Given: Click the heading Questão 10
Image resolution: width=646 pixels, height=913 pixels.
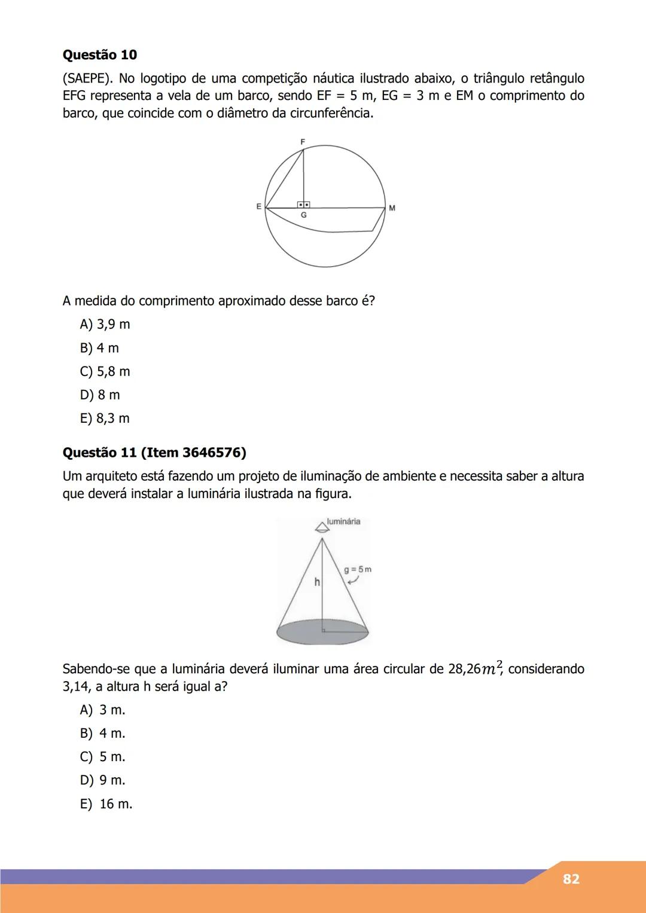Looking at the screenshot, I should (100, 55).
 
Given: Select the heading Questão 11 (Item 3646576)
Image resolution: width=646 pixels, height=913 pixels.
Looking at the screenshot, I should (154, 453).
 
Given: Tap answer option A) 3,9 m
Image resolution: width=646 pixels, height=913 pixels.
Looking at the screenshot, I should (105, 325).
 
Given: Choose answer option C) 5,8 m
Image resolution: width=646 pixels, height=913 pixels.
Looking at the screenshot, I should (105, 372).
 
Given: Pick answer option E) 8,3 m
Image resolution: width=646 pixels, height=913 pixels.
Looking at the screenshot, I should (105, 419).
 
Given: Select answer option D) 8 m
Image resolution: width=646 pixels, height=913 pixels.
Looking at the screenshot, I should (100, 395).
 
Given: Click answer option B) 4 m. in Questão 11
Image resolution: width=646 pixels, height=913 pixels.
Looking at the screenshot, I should (102, 734).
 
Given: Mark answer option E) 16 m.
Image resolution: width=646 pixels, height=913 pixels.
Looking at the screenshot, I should (106, 804).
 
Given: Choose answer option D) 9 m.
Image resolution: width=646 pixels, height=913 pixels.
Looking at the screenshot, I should (102, 780).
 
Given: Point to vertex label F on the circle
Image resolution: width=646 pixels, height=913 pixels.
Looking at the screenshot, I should (303, 142).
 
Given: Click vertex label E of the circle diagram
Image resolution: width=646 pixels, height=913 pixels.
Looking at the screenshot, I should (258, 206).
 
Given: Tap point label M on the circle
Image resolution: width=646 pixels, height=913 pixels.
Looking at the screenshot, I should (392, 208).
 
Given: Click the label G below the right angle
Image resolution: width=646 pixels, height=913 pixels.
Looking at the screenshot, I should (303, 215).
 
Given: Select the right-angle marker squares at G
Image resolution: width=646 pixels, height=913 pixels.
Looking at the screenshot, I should (303, 205).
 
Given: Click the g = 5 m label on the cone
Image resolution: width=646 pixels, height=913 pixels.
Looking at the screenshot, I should (358, 569).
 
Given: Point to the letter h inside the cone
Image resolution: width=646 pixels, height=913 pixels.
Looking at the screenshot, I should (317, 582).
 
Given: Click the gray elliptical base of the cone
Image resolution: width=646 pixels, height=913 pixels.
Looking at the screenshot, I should (322, 635).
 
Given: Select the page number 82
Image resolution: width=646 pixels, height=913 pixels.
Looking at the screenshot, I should (571, 879).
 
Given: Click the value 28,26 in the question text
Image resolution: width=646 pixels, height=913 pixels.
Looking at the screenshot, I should (464, 669).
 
